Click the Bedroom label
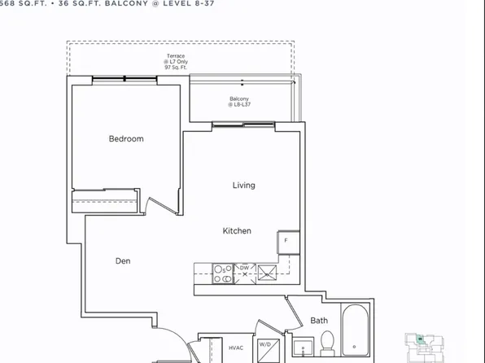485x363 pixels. pyautogui.click(x=126, y=139)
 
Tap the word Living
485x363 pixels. pyautogui.click(x=243, y=186)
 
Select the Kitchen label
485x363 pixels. pyautogui.click(x=237, y=231)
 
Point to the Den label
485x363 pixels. pyautogui.click(x=122, y=261)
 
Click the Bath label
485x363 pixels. pyautogui.click(x=319, y=321)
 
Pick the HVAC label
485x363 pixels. pyautogui.click(x=236, y=348)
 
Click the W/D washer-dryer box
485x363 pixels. pyautogui.click(x=266, y=345)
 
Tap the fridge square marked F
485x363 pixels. pyautogui.click(x=287, y=242)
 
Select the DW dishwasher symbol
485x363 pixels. pyautogui.click(x=244, y=268)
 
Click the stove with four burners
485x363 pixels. pyautogui.click(x=221, y=273)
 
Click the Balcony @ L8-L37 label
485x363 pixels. pyautogui.click(x=239, y=101)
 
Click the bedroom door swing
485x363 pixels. pyautogui.click(x=161, y=203)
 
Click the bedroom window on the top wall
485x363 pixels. pyautogui.click(x=124, y=79)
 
